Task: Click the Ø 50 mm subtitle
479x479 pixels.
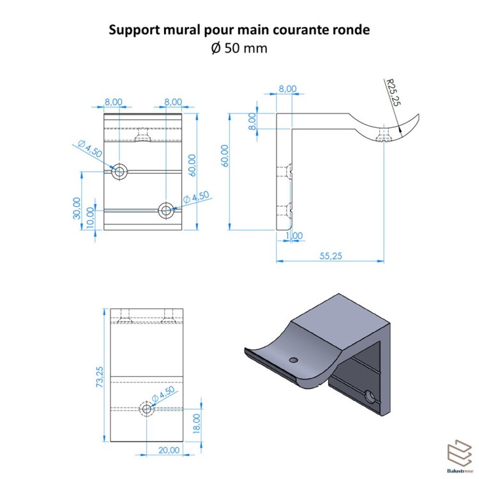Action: pos(239,49)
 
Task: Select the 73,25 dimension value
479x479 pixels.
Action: pos(100,377)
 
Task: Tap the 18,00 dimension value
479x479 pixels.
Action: pos(197,423)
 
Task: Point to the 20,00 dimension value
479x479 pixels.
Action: pos(168,450)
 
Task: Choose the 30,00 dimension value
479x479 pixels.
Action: pos(77,208)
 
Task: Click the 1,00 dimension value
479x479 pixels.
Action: pos(294,236)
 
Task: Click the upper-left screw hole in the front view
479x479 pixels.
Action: pos(119,171)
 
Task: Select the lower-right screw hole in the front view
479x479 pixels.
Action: pos(167,209)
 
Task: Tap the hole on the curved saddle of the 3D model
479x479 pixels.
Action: pos(293,360)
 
